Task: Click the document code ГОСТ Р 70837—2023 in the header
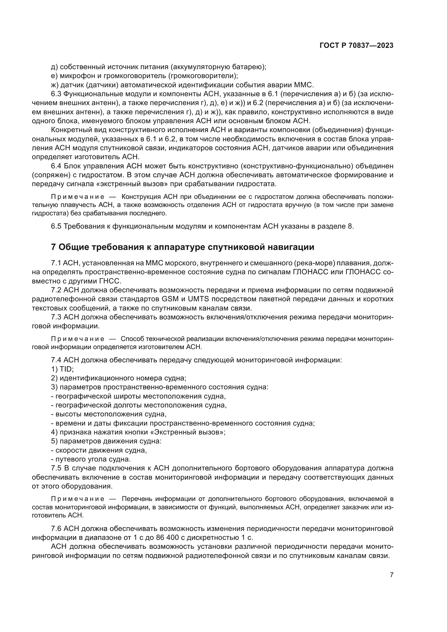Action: [356, 46]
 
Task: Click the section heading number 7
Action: [54, 247]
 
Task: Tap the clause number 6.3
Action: [56, 94]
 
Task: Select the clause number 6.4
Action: [56, 166]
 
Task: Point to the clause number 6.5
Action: [56, 226]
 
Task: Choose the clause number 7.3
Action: [56, 317]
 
